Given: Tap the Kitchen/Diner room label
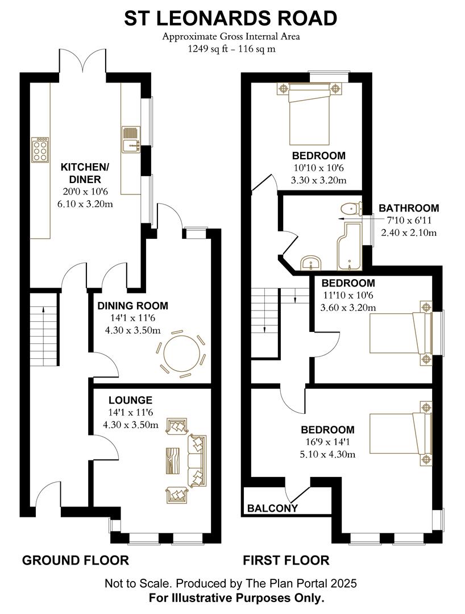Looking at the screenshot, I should pyautogui.click(x=85, y=173).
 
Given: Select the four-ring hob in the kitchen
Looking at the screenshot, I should pyautogui.click(x=40, y=151).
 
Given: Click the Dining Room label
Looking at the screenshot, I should pyautogui.click(x=132, y=306).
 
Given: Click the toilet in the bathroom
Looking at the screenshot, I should pyautogui.click(x=351, y=209).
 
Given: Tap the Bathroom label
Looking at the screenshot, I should pyautogui.click(x=409, y=208).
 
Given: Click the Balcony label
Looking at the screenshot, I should pyautogui.click(x=272, y=508).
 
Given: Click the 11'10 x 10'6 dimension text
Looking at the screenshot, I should pyautogui.click(x=348, y=295).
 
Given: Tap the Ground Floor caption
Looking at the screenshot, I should pyautogui.click(x=75, y=561).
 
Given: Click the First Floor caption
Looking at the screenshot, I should pyautogui.click(x=286, y=561).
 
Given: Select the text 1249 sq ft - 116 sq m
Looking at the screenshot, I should pyautogui.click(x=231, y=49).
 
